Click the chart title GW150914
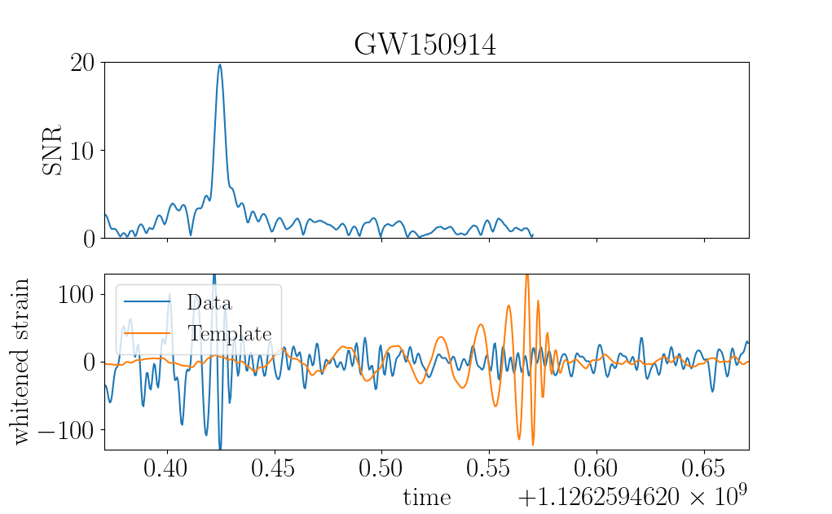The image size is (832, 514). click(x=425, y=45)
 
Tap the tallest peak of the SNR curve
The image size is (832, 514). click(x=220, y=64)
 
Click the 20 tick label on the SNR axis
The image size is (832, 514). click(x=82, y=63)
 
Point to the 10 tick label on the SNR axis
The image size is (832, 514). click(x=82, y=152)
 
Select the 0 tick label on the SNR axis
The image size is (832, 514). click(x=89, y=239)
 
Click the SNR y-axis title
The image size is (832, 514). click(x=52, y=150)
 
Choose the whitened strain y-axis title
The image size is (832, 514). click(x=20, y=361)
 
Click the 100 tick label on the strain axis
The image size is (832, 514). click(x=76, y=294)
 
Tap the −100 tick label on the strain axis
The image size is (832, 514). click(x=66, y=429)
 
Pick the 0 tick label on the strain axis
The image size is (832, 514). click(x=89, y=362)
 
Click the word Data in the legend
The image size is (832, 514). click(x=209, y=302)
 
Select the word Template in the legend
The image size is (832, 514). click(x=230, y=333)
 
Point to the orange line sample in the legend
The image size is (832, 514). click(x=147, y=333)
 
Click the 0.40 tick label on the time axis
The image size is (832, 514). click(x=167, y=468)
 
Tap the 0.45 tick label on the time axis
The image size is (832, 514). click(x=275, y=468)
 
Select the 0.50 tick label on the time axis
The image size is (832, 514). click(x=381, y=468)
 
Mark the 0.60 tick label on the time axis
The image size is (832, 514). click(x=596, y=468)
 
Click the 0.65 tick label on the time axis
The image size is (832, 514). click(x=703, y=468)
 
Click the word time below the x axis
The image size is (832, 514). click(x=427, y=498)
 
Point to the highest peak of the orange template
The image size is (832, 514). click(x=527, y=275)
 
